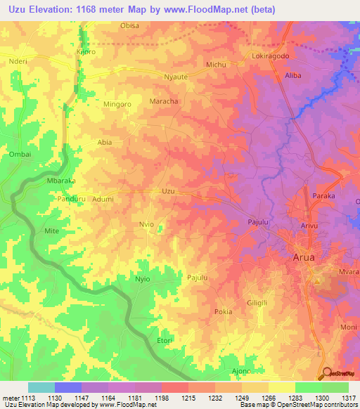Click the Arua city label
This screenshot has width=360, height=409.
(307, 257)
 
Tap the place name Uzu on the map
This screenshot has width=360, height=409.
(168, 190)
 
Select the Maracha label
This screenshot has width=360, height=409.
(164, 101)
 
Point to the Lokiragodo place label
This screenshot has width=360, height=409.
(271, 56)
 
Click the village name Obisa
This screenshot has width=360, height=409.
(130, 25)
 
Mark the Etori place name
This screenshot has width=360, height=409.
(164, 340)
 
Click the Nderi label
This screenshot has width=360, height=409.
(17, 61)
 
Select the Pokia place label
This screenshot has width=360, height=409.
(223, 311)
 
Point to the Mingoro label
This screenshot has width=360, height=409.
(98, 105)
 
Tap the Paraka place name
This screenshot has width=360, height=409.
(323, 196)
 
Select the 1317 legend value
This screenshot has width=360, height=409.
(349, 398)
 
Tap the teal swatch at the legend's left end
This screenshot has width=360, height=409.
(41, 387)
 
